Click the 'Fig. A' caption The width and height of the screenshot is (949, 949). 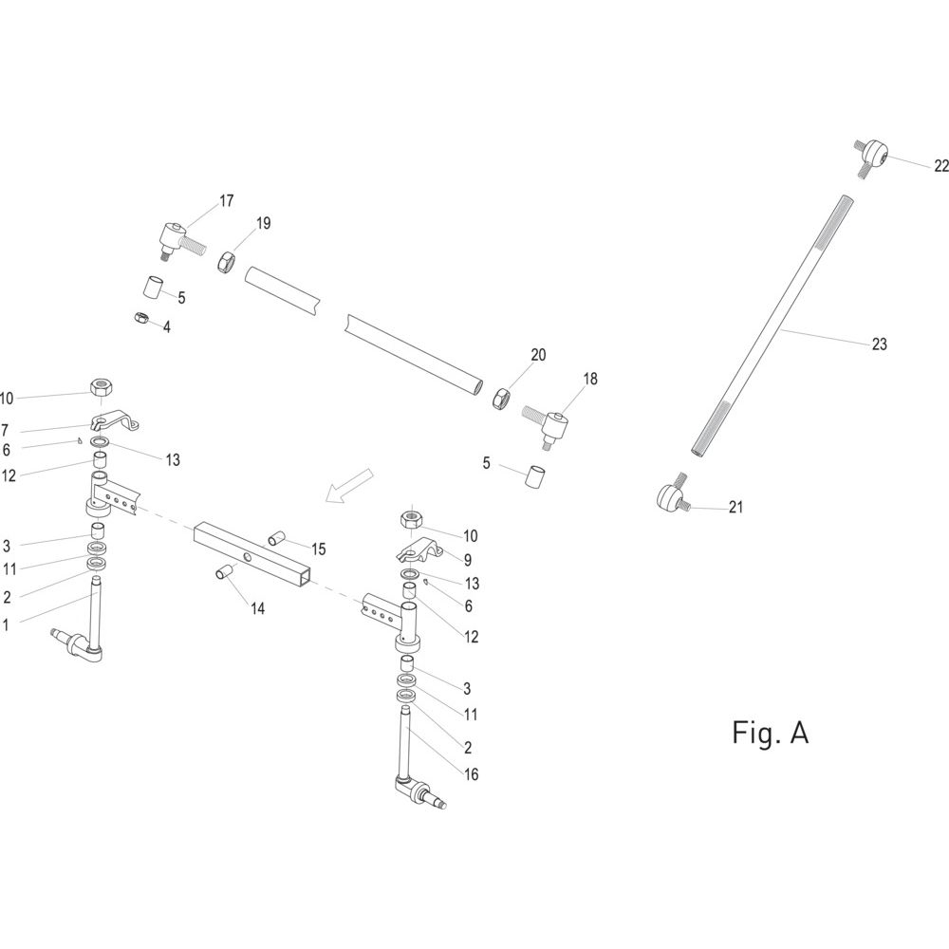coord(770,733)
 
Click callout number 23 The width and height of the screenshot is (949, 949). coord(880,344)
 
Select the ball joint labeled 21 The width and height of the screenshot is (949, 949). coord(672,495)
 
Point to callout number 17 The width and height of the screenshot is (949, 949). coord(227,201)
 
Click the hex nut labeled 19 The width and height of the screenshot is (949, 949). coord(227,263)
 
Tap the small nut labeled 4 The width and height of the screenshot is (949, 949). coord(141,317)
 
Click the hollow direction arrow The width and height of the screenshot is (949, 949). coord(350,484)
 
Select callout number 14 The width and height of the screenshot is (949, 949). coord(258,608)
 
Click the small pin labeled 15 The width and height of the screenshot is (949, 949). coord(276,537)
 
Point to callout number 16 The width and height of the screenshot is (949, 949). coord(471,774)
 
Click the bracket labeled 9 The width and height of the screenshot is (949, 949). coord(419,550)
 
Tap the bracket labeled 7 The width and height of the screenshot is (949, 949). coord(115,419)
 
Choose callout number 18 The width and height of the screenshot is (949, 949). coord(590,379)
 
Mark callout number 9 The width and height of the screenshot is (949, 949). coord(468,560)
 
